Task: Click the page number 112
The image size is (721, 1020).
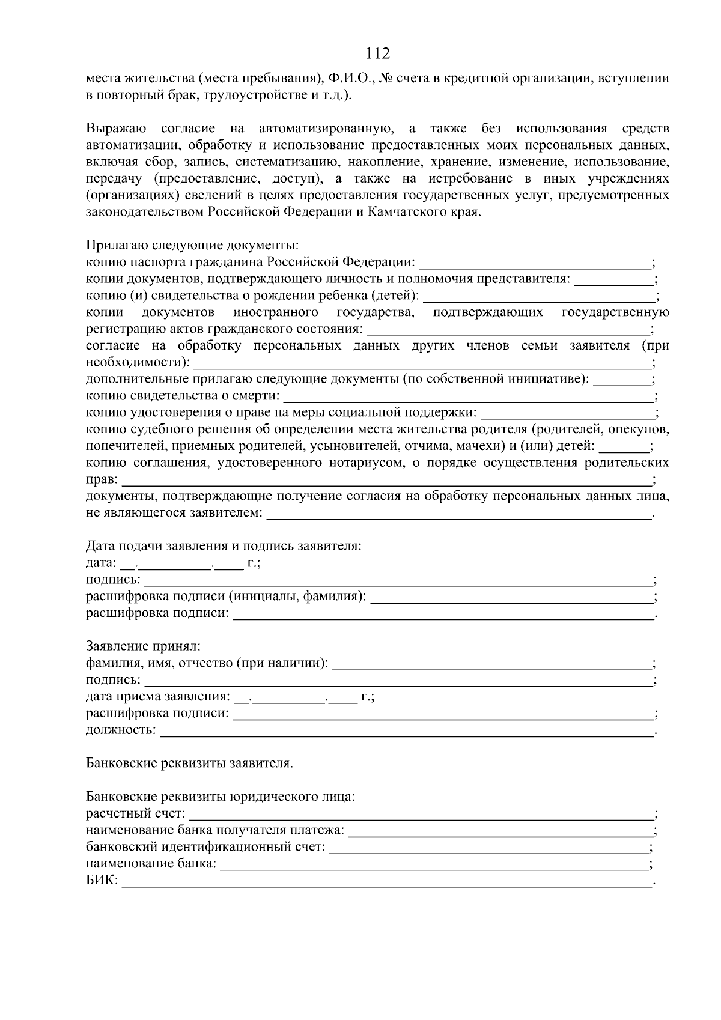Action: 378,54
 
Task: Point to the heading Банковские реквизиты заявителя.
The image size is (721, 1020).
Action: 189,764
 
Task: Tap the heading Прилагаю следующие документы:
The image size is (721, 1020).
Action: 192,246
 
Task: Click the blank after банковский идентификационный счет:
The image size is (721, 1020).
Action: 489,848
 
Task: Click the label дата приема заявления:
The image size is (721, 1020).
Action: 158,697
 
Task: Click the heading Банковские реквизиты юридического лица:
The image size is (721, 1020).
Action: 221,798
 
